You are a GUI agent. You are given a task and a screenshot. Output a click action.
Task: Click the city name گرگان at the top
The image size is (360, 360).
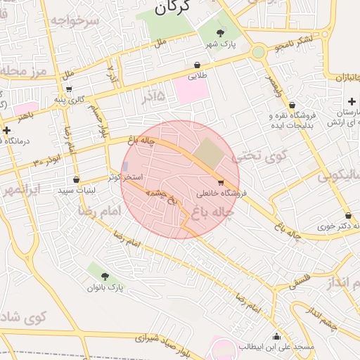pos(172,8)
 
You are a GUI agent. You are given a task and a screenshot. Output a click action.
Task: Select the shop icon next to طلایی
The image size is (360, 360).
pos(193,64)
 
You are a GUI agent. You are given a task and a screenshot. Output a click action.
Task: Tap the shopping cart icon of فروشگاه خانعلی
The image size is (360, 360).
pos(221,182)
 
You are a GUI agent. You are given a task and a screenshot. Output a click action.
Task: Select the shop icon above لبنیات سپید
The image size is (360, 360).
pos(76,179)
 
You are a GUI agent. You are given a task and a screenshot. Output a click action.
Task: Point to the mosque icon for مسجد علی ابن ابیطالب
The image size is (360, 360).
pos(276,336)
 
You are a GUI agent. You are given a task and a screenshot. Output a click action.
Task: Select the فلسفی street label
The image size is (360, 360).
pos(299,281)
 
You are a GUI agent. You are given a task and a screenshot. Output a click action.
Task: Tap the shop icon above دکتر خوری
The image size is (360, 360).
pos(347,215)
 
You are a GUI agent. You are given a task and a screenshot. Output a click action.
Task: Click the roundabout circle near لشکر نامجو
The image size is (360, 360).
pos(259,51)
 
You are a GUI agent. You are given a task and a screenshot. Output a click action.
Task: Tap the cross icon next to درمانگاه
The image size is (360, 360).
pos(7,130)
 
